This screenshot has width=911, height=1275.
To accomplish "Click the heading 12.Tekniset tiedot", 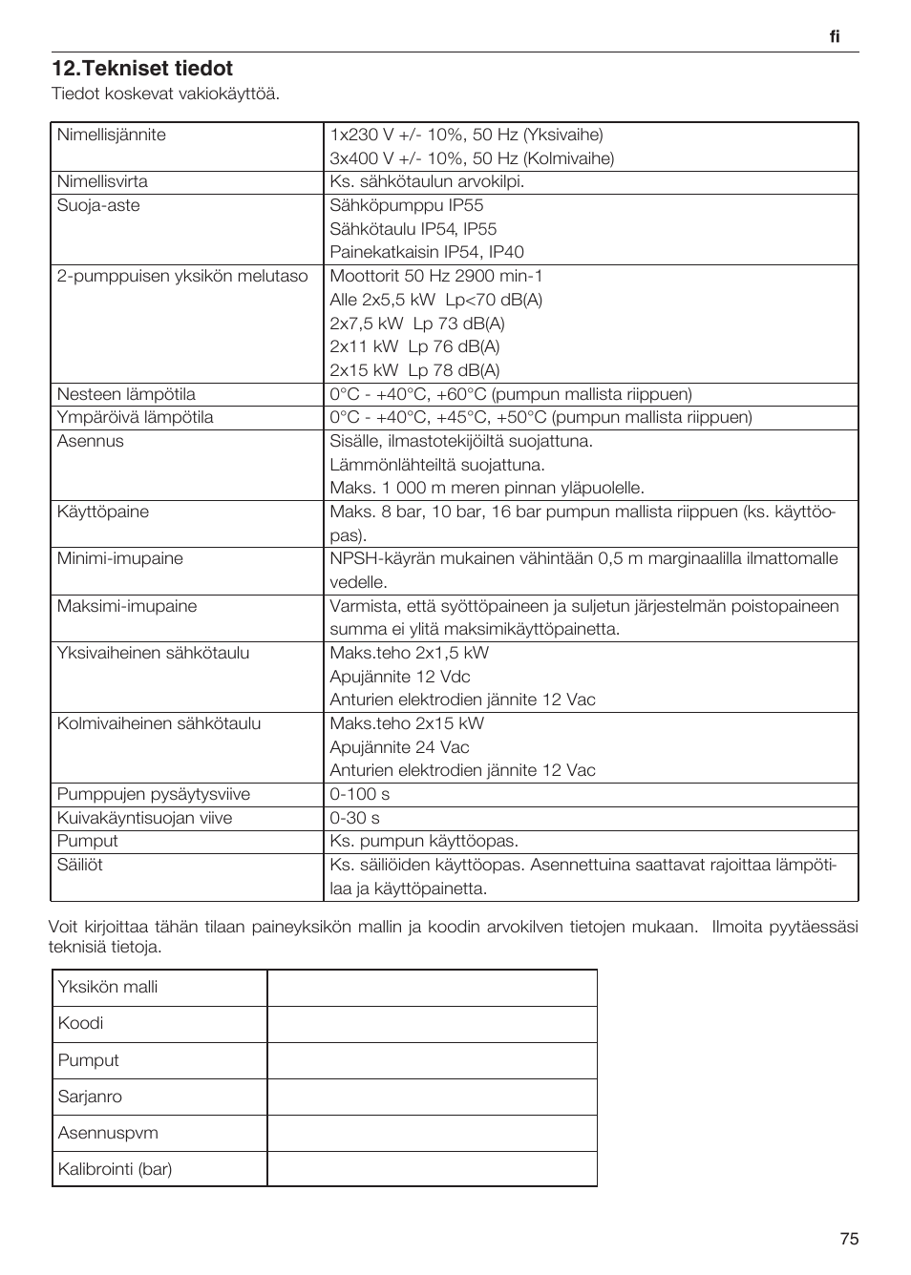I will pos(142,69).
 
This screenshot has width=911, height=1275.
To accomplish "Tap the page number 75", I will pos(849,1239).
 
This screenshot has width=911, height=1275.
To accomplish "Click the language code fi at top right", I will pos(834,36).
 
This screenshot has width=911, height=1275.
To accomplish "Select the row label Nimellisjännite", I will pos(111,135).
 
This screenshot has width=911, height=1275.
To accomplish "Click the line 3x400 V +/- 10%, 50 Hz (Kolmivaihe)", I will pos(472,158).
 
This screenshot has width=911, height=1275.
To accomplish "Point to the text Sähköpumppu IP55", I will pos(406,205).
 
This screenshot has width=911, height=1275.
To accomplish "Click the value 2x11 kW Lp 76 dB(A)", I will pos(414,346).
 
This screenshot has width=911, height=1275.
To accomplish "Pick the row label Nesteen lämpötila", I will pos(126,394).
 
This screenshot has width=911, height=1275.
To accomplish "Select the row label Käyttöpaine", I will pos(102,512).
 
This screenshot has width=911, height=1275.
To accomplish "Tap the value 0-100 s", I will pos(359,794).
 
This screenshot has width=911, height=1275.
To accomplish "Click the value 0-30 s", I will pos(354,818).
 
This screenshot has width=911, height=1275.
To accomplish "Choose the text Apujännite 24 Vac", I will pos(399,747).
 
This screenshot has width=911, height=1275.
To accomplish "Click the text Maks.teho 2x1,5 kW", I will pos(409,653).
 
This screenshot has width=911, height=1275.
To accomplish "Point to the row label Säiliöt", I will pos(79,865).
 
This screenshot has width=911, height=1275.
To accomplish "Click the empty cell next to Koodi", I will pos(432,1024).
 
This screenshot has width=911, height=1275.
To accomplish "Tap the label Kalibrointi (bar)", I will pos(115,1169).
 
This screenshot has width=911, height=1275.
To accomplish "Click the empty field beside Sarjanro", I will pos(432,1097).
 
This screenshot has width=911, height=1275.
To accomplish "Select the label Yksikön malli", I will pos(108,987).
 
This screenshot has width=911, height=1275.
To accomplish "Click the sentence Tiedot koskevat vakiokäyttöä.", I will pos(165,94).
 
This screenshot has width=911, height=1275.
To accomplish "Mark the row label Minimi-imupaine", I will pos(119,558).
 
